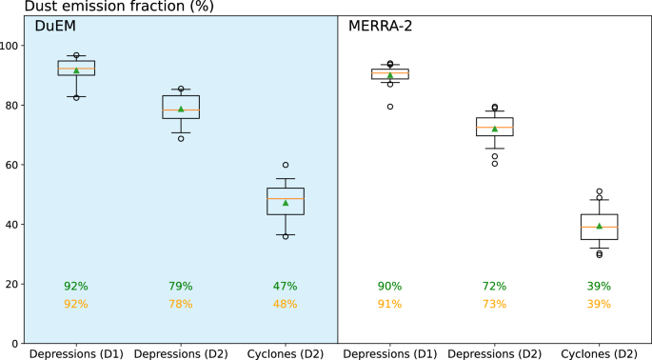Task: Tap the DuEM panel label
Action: click(54, 27)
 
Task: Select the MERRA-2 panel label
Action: click(379, 27)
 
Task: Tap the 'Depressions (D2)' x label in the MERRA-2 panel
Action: click(494, 352)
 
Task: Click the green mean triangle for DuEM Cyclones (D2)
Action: click(286, 203)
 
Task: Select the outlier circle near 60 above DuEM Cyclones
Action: click(286, 165)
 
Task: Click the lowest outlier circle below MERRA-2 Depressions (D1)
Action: click(389, 107)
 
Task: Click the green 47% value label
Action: click(286, 286)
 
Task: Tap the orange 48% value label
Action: click(286, 304)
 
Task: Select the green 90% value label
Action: click(389, 286)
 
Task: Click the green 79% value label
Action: click(181, 286)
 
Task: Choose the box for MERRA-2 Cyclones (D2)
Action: click(599, 227)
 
